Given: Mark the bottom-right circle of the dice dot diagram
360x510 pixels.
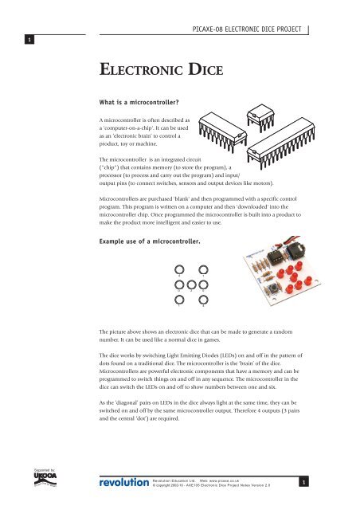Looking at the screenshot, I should tap(203, 300).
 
